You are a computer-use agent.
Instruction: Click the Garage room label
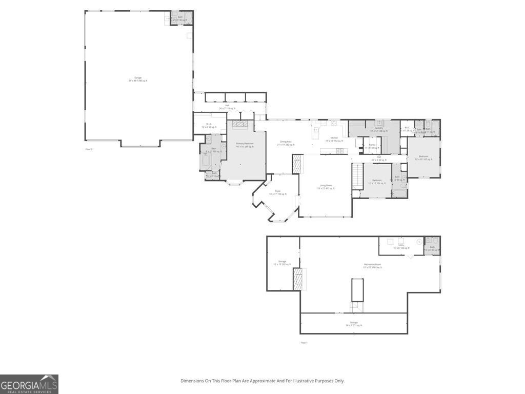138,79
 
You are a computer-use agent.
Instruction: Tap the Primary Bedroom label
245,145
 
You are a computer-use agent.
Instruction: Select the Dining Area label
286,143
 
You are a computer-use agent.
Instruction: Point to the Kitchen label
334,139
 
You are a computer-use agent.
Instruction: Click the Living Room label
326,187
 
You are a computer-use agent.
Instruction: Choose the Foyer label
278,192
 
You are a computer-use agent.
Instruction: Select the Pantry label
372,146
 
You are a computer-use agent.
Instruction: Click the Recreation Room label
372,266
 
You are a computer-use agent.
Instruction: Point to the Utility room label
401,246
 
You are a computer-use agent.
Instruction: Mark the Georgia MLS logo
29,384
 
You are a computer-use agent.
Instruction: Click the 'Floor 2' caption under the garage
89,149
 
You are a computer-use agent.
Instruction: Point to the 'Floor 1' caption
304,342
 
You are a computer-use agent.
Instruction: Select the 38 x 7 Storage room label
354,324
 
